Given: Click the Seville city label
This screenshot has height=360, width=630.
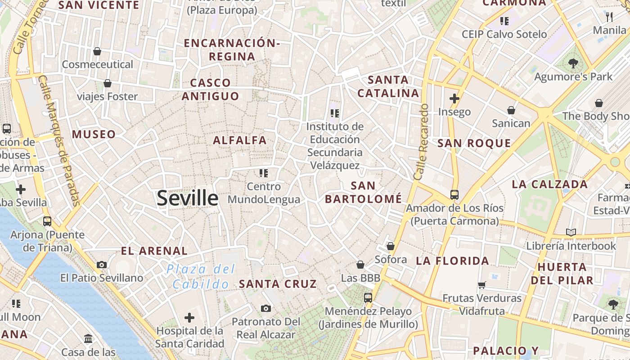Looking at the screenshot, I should coord(187,198).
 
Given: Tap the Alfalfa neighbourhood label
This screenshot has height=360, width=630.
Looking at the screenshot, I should coord(240,140).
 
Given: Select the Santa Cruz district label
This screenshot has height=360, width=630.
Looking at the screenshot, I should coord(278,284).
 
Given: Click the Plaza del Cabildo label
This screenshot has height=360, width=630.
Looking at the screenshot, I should coord(201,277).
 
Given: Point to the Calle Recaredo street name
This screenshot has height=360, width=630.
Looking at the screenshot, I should coord(422,142).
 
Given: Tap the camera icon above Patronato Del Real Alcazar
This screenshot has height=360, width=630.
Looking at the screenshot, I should coord(266,308).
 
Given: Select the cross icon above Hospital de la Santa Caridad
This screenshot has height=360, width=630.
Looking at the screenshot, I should coord(189,318).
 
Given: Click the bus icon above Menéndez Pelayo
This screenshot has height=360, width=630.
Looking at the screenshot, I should coord(368,297).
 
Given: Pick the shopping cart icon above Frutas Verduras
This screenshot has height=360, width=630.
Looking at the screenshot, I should coord(481,284).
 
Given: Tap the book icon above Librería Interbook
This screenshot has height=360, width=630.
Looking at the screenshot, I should coord(571,232).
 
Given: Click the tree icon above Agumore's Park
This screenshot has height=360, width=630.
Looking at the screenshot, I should coord(573,63).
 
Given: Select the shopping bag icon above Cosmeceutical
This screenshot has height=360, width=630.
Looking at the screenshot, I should coord(97,51).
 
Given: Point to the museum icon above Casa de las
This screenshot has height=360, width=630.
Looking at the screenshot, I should coord(88,338).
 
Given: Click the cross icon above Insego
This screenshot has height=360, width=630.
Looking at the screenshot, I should coord(454,98).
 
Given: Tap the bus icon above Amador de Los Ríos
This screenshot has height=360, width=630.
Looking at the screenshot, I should coord(454,194).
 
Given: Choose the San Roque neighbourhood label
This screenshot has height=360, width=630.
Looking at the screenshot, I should coord(474,144).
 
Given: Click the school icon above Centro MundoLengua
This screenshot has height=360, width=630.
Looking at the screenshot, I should coord(264,173).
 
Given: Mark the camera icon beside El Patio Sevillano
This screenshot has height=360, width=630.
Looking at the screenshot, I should coord(102,265).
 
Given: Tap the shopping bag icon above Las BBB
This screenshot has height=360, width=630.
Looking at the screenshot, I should coord(360,265).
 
